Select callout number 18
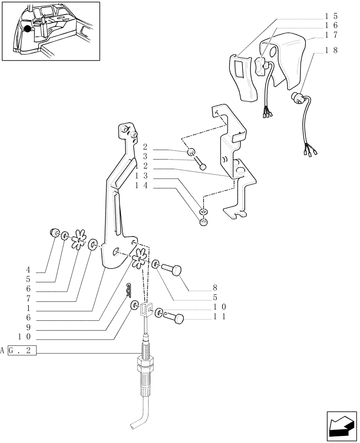332,50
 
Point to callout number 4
28,269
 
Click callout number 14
141,187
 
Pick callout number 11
220,317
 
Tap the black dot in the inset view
28,29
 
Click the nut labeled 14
203,221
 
